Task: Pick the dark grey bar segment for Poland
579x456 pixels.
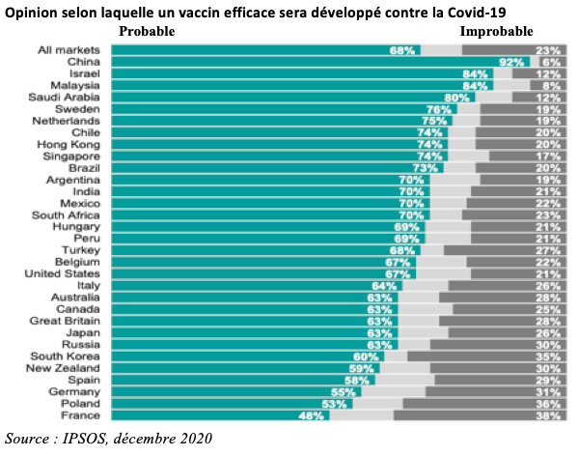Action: [482, 404]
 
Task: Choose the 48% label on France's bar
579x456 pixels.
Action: [309, 415]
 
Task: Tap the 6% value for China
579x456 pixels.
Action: [551, 61]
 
